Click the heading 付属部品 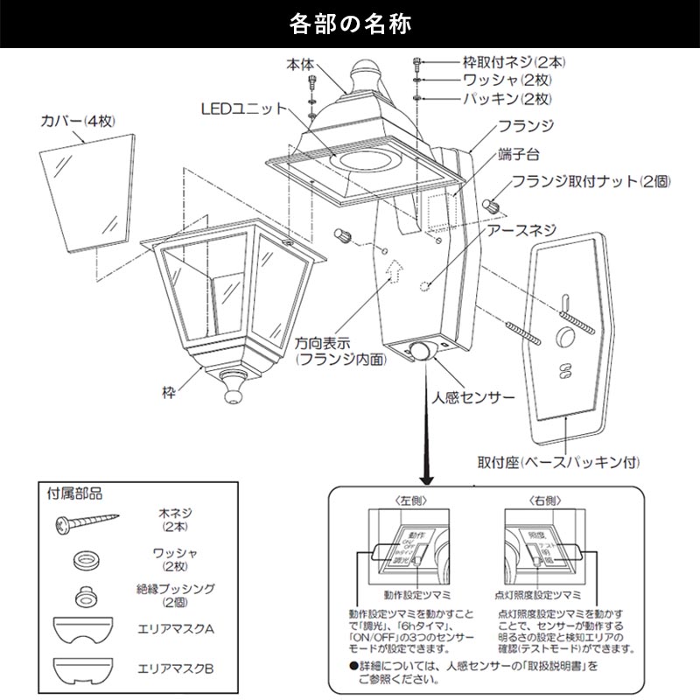pos(74,494)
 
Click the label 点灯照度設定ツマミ pos(535,595)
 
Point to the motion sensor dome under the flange pos(424,353)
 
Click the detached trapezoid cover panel pos(90,180)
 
